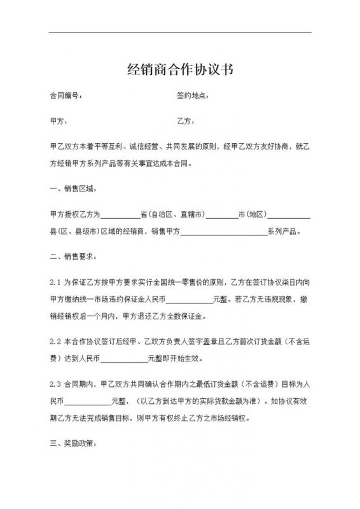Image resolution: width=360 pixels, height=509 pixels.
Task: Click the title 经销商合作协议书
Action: click(x=180, y=69)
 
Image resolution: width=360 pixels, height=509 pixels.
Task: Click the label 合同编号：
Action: click(x=66, y=96)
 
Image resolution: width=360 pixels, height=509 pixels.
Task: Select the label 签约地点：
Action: click(x=193, y=96)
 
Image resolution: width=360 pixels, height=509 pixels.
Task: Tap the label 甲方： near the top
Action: click(x=58, y=121)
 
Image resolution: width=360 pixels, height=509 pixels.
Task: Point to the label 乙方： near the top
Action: click(x=186, y=121)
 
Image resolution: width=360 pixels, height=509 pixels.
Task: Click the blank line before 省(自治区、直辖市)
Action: click(x=120, y=216)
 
